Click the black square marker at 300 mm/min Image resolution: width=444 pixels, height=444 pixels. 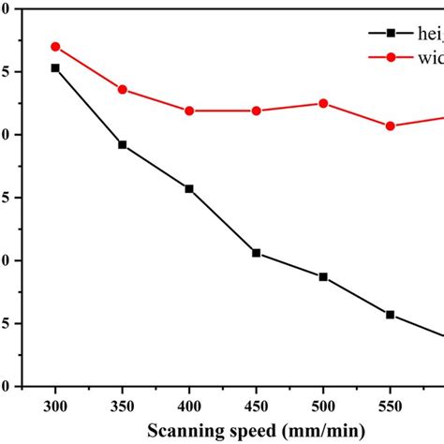click(55, 67)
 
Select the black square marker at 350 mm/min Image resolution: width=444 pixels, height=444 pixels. click(122, 144)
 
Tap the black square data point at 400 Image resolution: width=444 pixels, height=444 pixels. click(189, 188)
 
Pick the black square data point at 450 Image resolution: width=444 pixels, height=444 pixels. click(256, 253)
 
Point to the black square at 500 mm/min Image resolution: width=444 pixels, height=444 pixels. click(323, 276)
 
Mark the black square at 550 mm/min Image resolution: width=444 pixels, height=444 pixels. click(391, 315)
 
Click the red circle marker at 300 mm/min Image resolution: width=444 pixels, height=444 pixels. click(55, 46)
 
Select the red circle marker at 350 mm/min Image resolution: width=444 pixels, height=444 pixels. click(122, 89)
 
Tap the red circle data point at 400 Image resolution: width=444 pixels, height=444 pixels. click(189, 111)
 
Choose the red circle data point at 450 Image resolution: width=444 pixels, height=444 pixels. click(256, 111)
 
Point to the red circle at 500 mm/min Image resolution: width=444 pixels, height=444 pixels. click(323, 103)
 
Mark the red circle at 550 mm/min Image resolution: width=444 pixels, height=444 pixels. click(391, 126)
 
